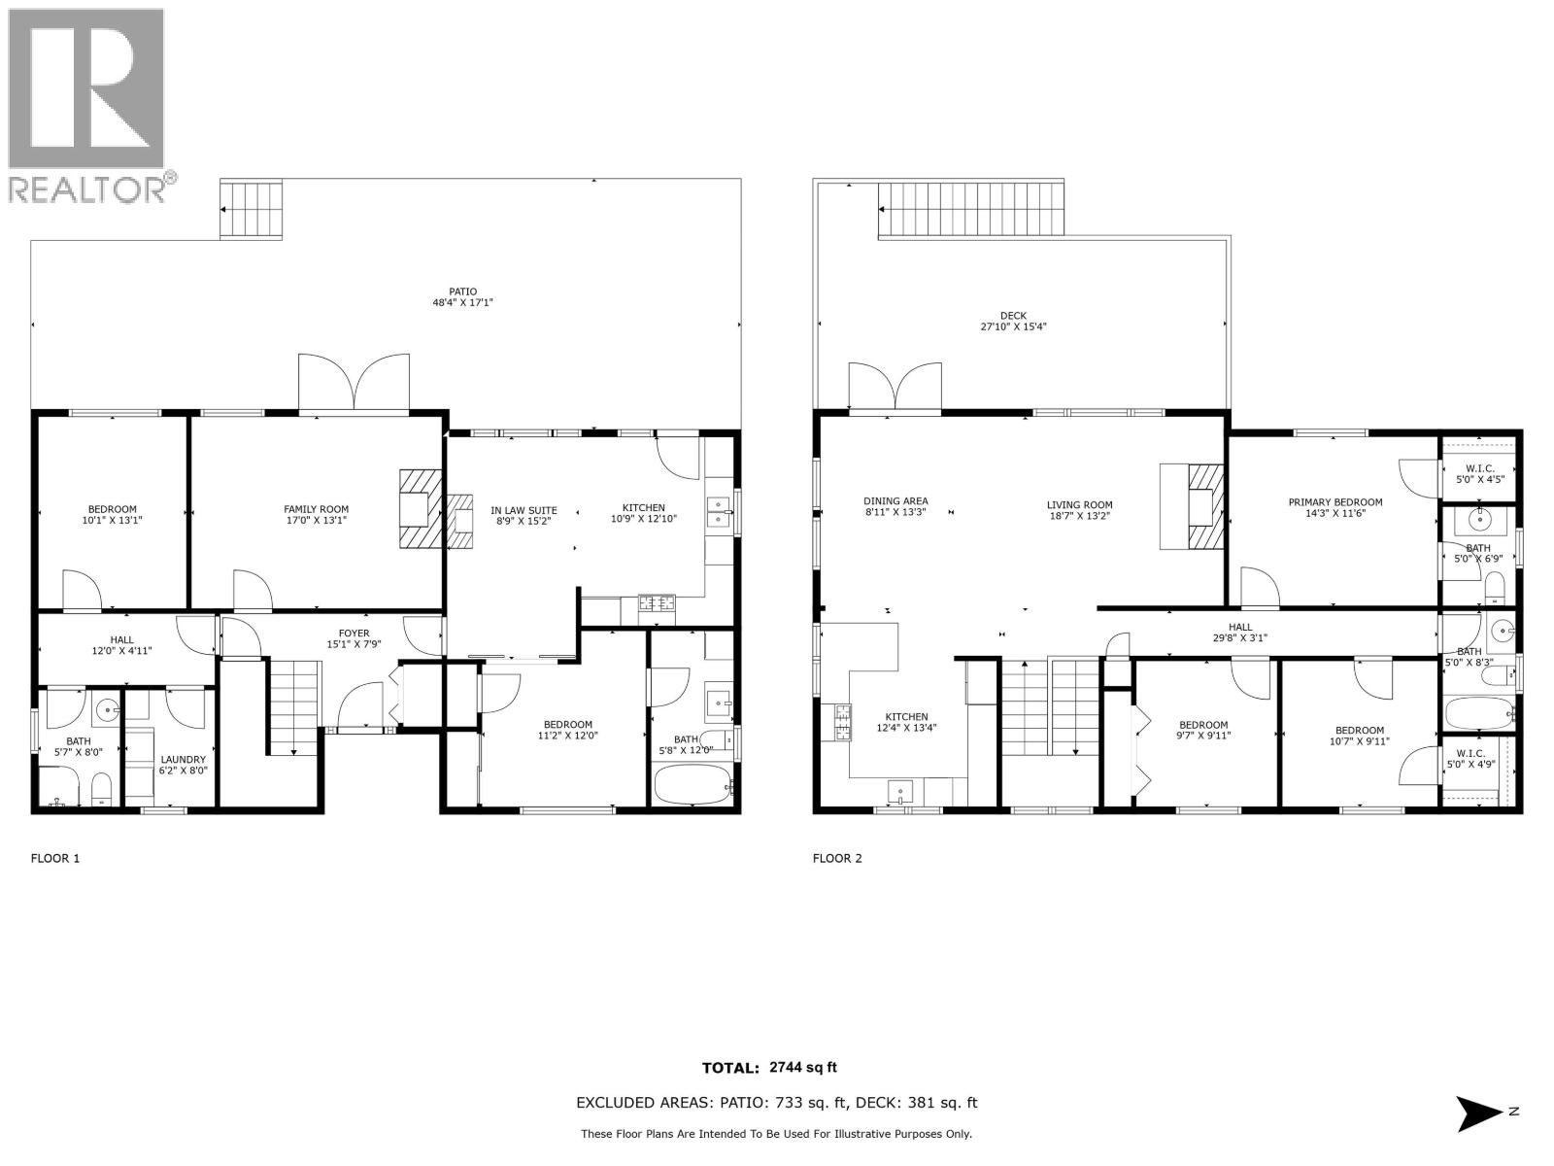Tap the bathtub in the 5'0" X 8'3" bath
coord(1479,714)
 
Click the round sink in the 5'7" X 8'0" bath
coord(105,709)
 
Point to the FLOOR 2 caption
coord(837,858)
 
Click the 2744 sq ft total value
coord(802,1068)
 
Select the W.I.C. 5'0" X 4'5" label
coord(1479,473)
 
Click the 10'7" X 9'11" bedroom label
coord(1359,736)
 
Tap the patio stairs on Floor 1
coord(252,210)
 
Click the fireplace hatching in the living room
coord(1204,507)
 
